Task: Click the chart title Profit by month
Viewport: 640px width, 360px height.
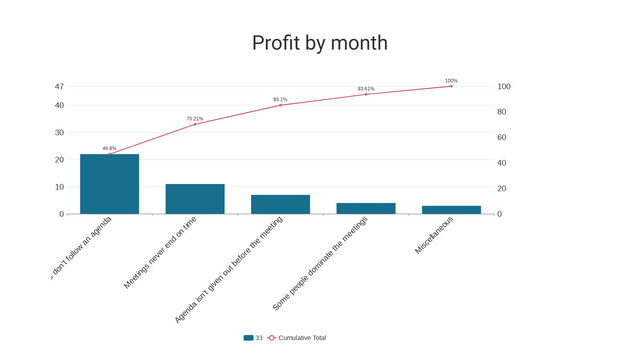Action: [319, 43]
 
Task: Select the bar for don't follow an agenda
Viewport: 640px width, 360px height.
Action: [110, 184]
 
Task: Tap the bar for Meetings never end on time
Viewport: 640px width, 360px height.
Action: [195, 199]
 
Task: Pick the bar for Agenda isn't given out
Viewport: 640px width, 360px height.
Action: [280, 204]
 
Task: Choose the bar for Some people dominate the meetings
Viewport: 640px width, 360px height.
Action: [366, 208]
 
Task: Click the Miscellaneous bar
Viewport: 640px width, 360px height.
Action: [451, 210]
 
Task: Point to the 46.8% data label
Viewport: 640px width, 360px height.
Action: [109, 148]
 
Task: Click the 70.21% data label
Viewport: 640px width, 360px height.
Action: [194, 118]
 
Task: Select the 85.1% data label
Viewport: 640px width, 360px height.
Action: [280, 99]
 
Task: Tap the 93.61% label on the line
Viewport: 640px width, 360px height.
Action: [366, 88]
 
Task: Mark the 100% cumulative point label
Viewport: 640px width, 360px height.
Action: [451, 80]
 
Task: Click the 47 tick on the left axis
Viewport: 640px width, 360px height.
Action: [59, 87]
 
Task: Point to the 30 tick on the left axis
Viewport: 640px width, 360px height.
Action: [59, 132]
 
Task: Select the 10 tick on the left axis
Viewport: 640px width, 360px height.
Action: [59, 187]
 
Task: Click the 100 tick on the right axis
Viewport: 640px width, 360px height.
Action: [504, 87]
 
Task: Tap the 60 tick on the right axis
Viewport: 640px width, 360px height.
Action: [504, 137]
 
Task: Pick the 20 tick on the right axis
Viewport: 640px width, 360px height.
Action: [504, 188]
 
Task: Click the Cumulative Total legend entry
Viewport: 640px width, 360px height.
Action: [301, 338]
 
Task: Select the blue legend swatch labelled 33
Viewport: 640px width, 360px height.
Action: [249, 338]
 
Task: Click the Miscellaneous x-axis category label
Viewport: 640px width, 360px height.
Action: [434, 236]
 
